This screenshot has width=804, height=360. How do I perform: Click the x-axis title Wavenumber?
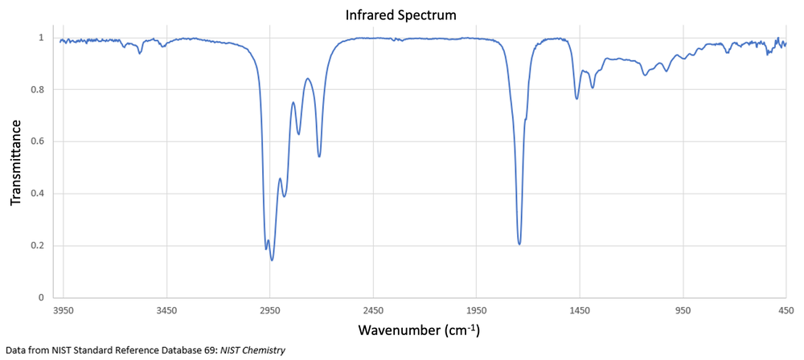[x=419, y=330]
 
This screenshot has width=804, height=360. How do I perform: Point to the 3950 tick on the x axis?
[x=64, y=309]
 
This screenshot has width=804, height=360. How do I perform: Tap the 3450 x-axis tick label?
[x=166, y=309]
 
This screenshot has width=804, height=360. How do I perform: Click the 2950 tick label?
[x=270, y=309]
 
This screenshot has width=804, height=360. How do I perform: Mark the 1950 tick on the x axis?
[x=477, y=309]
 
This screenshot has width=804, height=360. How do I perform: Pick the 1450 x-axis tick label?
[x=580, y=309]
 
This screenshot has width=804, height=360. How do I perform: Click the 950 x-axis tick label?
[x=683, y=309]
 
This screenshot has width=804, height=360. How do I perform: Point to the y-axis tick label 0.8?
[x=37, y=89]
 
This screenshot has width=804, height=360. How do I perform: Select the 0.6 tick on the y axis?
[x=37, y=141]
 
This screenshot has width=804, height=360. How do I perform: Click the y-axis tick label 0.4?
[x=37, y=194]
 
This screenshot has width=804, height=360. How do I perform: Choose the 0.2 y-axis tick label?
[x=37, y=246]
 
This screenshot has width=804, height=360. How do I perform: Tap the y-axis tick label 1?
[x=41, y=38]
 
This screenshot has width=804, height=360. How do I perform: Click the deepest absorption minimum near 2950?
[x=272, y=260]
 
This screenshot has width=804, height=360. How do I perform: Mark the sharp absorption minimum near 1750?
[x=519, y=243]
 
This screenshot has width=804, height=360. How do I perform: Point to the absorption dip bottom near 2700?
[x=319, y=155]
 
